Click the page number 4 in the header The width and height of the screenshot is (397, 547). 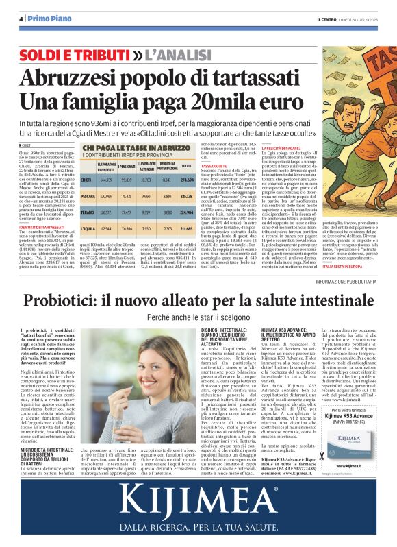(x=21, y=19)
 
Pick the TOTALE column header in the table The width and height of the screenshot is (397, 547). (x=186, y=166)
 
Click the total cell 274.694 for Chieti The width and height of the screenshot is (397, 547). (x=186, y=180)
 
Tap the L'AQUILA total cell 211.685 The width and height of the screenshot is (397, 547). (x=186, y=228)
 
